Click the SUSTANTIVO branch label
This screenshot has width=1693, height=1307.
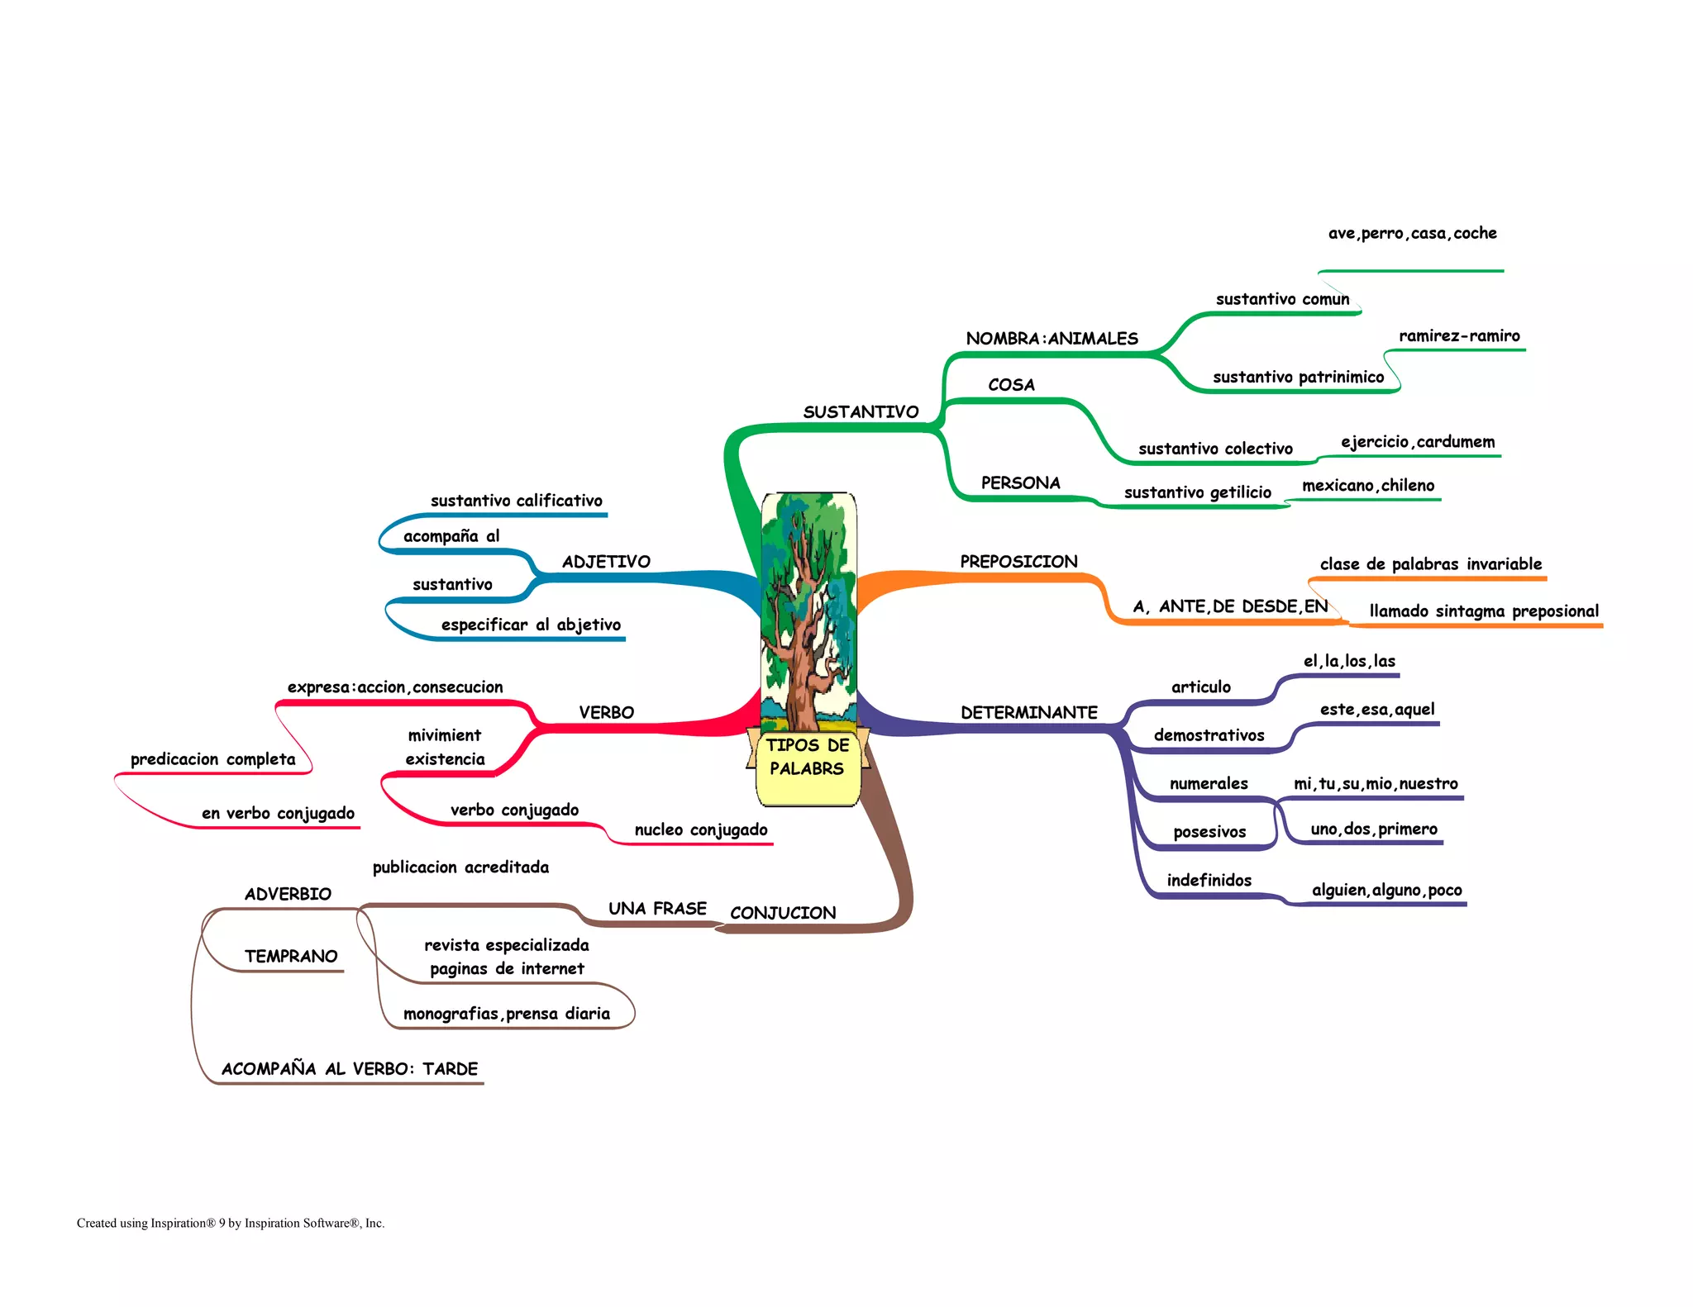pyautogui.click(x=861, y=411)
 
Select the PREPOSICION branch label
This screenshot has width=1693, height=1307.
pyautogui.click(x=1018, y=562)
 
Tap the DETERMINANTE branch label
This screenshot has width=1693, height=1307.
pyautogui.click(x=1028, y=712)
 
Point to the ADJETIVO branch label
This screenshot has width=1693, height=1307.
pyautogui.click(x=606, y=562)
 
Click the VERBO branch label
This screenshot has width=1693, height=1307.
pyautogui.click(x=606, y=712)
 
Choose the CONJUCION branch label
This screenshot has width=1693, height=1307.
pyautogui.click(x=783, y=913)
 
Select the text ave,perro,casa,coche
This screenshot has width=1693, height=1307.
pyautogui.click(x=1412, y=234)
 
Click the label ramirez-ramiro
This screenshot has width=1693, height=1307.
pyautogui.click(x=1459, y=336)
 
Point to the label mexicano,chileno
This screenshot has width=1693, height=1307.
pyautogui.click(x=1368, y=486)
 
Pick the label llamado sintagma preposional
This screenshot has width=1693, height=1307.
pyautogui.click(x=1484, y=611)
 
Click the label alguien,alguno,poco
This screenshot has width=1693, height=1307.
pyautogui.click(x=1386, y=891)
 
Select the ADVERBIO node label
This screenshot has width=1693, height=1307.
pyautogui.click(x=288, y=894)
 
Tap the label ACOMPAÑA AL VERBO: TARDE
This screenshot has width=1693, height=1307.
pyautogui.click(x=350, y=1069)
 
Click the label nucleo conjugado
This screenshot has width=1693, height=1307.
pyautogui.click(x=701, y=830)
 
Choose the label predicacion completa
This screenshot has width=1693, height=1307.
pyautogui.click(x=212, y=759)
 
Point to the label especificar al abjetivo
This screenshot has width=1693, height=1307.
pyautogui.click(x=531, y=625)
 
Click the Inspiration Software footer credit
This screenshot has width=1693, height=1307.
pyautogui.click(x=231, y=1224)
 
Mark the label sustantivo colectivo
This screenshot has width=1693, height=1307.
pyautogui.click(x=1215, y=449)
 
